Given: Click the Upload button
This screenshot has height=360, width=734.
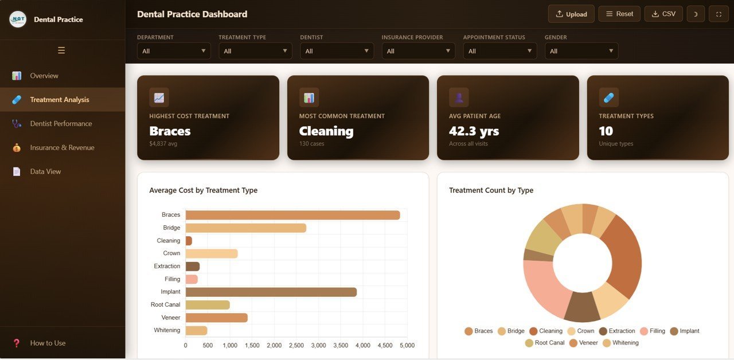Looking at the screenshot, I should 572,14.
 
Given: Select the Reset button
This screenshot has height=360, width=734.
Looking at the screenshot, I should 619,14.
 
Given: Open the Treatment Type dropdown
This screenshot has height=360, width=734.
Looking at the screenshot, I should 255,51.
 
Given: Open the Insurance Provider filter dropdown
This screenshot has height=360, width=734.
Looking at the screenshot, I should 418,51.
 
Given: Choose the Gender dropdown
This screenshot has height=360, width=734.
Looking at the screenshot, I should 581,51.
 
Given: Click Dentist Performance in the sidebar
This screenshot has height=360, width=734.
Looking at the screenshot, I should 61,124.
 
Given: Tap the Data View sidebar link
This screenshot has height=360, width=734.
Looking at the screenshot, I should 45,171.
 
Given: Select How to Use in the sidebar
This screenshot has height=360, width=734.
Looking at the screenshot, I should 48,343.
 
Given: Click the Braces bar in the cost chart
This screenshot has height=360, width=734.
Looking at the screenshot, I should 292,215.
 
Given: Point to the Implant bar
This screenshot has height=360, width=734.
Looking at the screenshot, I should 271,292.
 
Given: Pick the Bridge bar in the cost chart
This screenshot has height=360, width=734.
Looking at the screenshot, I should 245,228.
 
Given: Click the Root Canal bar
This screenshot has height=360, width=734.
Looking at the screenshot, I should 208,305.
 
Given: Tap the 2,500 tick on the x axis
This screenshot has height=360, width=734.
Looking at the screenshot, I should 296,346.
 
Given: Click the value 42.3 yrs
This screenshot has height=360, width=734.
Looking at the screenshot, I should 474,131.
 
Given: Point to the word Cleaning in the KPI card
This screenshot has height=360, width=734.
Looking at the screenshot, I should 326,131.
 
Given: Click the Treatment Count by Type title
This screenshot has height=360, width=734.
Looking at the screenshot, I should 491,190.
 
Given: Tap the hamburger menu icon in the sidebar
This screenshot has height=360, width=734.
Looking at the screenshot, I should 61,50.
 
